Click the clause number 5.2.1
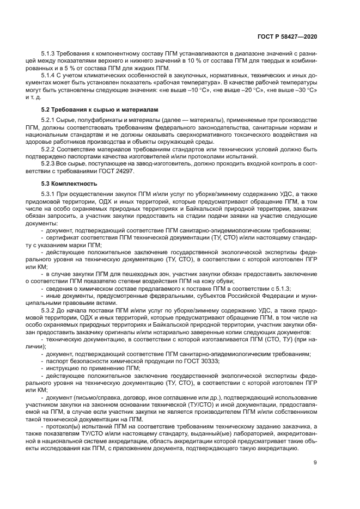click(x=50, y=119)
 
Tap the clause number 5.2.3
click(x=50, y=162)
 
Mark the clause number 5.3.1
click(x=50, y=193)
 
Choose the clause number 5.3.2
click(x=50, y=310)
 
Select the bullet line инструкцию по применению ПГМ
click(x=88, y=369)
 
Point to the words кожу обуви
click(x=218, y=281)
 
